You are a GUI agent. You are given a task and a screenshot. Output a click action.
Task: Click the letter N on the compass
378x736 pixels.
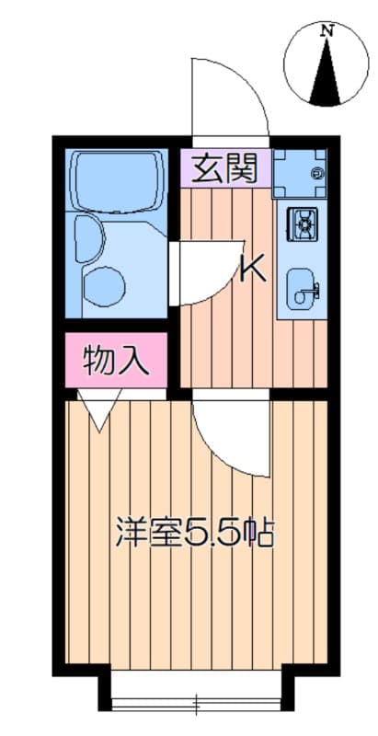326,31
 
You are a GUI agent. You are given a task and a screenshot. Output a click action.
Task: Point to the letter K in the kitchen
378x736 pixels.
253,269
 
